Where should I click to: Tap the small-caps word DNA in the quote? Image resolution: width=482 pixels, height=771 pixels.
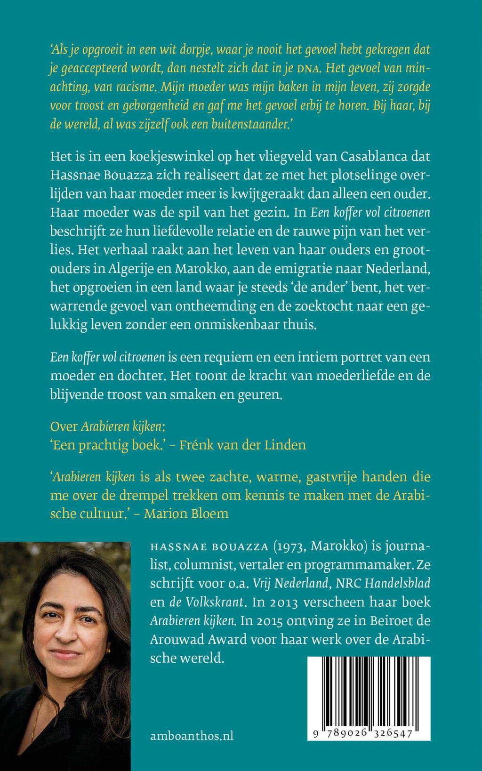tap(309, 69)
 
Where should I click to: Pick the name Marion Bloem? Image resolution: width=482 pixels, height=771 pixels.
tap(186, 513)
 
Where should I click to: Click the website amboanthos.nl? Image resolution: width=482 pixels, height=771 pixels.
tap(192, 736)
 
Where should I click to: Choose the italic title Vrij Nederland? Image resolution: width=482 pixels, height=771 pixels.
tap(290, 583)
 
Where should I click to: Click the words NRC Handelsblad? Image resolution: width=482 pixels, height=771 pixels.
tap(383, 583)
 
